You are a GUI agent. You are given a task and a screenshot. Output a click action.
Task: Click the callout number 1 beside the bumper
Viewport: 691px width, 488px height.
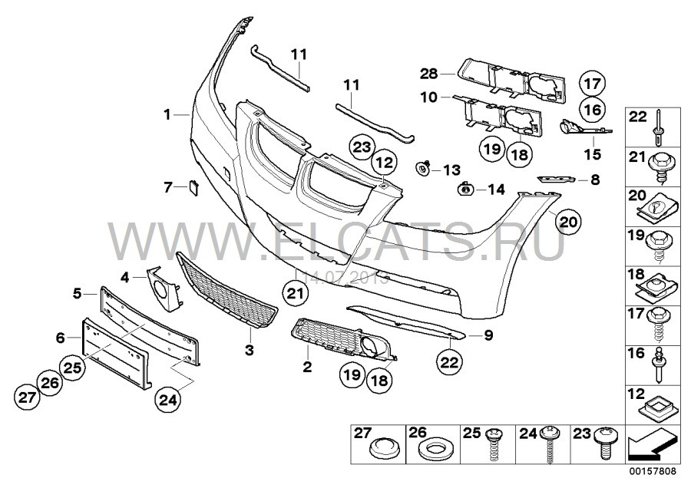coord(166,115)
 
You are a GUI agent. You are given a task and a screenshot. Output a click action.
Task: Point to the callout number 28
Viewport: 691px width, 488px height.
coord(427,74)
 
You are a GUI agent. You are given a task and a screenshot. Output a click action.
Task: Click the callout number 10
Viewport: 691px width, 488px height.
coord(428,97)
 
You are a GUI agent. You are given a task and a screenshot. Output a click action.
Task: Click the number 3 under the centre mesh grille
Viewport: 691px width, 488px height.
coord(248,350)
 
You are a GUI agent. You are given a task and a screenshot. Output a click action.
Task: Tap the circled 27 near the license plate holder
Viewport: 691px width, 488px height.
coord(28,396)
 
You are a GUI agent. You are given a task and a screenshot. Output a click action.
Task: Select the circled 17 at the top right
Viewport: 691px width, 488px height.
coord(592,83)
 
